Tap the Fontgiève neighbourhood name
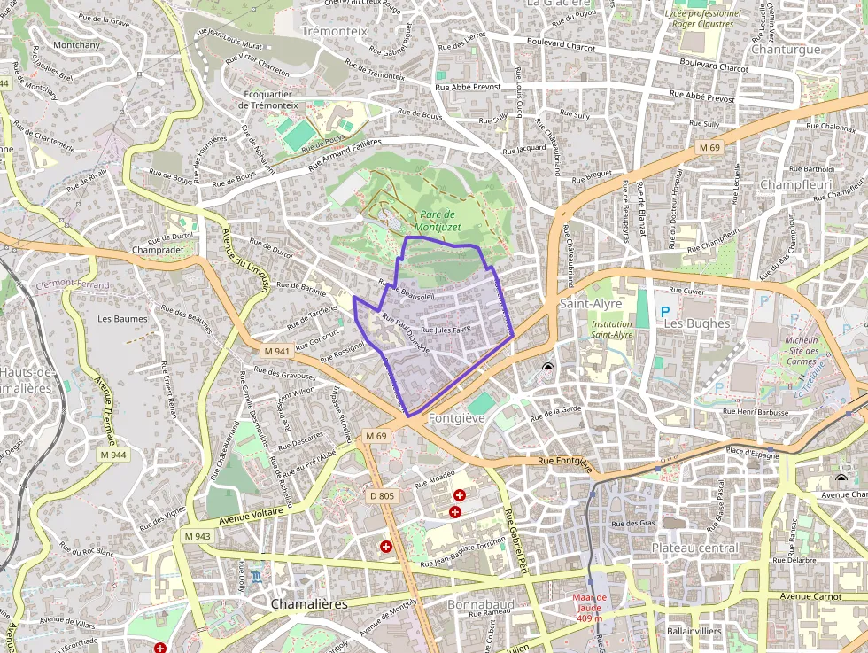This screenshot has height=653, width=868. coord(455,417)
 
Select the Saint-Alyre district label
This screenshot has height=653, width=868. coord(591,304)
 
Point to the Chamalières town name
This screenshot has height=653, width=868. coord(309,603)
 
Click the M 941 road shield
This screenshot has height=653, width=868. coord(276,351)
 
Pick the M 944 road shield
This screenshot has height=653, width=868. coord(112,455)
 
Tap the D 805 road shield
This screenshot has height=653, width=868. coord(382,495)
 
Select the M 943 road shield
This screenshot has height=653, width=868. coord(198,536)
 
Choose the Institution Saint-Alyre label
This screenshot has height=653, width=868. coord(612,330)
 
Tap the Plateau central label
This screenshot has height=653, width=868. coord(694,548)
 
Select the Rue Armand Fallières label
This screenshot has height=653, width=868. coord(344,154)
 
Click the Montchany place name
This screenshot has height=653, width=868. coord(76,45)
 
